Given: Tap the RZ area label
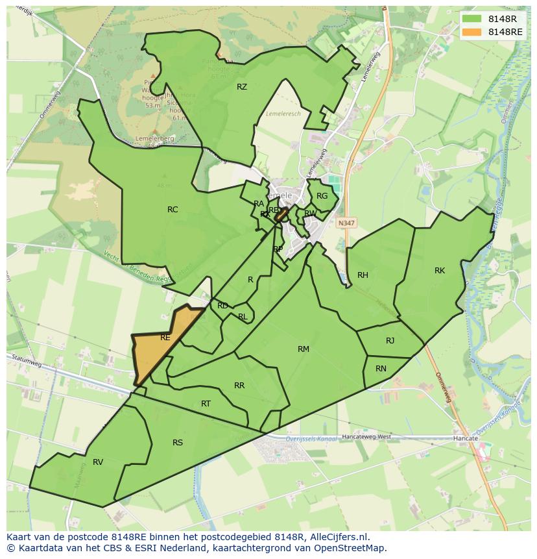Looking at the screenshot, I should pyautogui.click(x=242, y=87).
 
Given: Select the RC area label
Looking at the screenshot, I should pyautogui.click(x=173, y=210).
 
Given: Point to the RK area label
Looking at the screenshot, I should pyautogui.click(x=440, y=271).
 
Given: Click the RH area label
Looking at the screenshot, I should pyautogui.click(x=363, y=275).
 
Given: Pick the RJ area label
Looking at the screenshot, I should pyautogui.click(x=390, y=341).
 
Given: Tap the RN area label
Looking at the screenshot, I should pyautogui.click(x=381, y=369).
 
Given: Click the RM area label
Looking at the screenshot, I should pyautogui.click(x=303, y=349).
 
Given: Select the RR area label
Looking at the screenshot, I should pyautogui.click(x=239, y=386).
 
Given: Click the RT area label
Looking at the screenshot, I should pyautogui.click(x=206, y=404).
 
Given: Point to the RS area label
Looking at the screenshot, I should pyautogui.click(x=178, y=443).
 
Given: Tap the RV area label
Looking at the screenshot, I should pyautogui.click(x=98, y=462).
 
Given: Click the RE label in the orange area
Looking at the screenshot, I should pyautogui.click(x=165, y=338).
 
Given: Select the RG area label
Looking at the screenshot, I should pyautogui.click(x=322, y=196).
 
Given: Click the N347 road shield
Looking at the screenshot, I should pyautogui.click(x=346, y=222).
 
